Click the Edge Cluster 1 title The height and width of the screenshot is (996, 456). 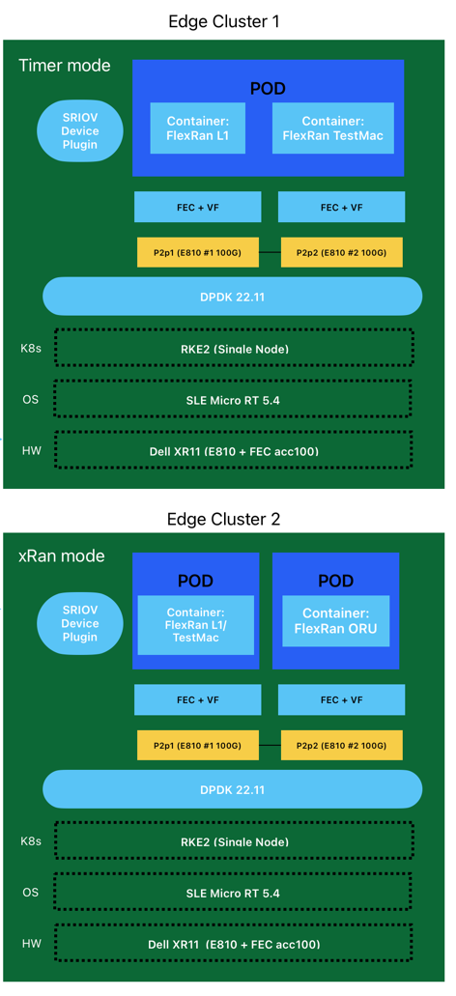click(x=223, y=21)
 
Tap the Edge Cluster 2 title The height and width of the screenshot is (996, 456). click(x=223, y=519)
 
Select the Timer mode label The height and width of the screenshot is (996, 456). click(x=64, y=66)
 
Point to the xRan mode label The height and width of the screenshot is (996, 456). click(x=61, y=556)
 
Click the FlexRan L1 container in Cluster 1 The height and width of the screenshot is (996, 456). click(x=197, y=128)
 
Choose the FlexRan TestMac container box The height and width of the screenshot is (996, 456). click(x=333, y=128)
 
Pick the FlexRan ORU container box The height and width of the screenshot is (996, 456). click(x=336, y=621)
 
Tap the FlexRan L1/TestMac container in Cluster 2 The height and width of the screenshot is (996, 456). click(x=196, y=625)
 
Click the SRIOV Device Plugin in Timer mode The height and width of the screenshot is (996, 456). click(x=80, y=130)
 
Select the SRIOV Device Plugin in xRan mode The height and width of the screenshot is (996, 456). click(x=80, y=624)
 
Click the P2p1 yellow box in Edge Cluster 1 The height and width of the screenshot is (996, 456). click(x=198, y=252)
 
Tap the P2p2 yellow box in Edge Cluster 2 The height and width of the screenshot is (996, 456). click(x=342, y=745)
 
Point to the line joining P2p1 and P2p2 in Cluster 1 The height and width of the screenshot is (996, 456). click(x=270, y=252)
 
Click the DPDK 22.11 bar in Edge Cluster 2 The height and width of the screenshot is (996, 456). click(x=233, y=789)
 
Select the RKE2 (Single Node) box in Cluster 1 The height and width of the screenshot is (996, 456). click(x=234, y=347)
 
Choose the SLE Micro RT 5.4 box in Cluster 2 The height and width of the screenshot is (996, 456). click(x=233, y=893)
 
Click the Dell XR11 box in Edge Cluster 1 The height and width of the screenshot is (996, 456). click(x=233, y=451)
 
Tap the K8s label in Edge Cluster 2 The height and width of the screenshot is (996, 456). click(x=31, y=841)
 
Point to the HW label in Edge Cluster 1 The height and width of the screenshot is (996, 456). click(x=31, y=450)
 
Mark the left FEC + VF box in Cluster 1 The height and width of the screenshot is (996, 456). click(x=197, y=207)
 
